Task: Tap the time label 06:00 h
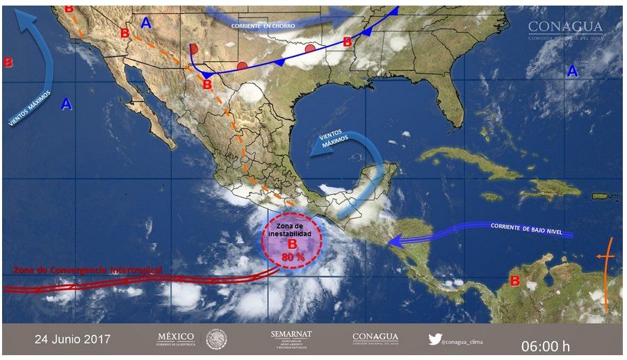pos(546,344)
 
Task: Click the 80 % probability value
pos(292,257)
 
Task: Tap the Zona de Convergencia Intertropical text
pos(88,269)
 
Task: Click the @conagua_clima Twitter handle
pos(471,340)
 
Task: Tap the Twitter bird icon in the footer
pos(435,339)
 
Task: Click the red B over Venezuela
pos(515,281)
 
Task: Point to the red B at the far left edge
pos(8,62)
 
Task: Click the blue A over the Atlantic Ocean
pos(572,71)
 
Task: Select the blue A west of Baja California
pos(67,104)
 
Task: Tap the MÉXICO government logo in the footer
pos(176,338)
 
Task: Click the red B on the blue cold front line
pos(347,42)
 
